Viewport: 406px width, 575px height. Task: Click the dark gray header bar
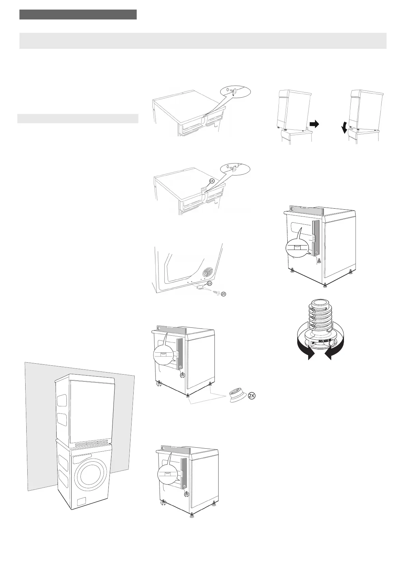click(78, 14)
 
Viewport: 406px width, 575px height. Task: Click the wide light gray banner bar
click(203, 41)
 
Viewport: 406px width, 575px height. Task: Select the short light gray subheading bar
click(78, 118)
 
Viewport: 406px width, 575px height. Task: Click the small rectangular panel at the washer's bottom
click(82, 502)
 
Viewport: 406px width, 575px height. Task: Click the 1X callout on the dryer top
click(211, 181)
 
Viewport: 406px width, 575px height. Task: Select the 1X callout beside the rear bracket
click(210, 283)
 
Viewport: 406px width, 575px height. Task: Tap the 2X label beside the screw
click(223, 294)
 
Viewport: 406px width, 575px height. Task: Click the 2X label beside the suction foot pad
click(252, 396)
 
